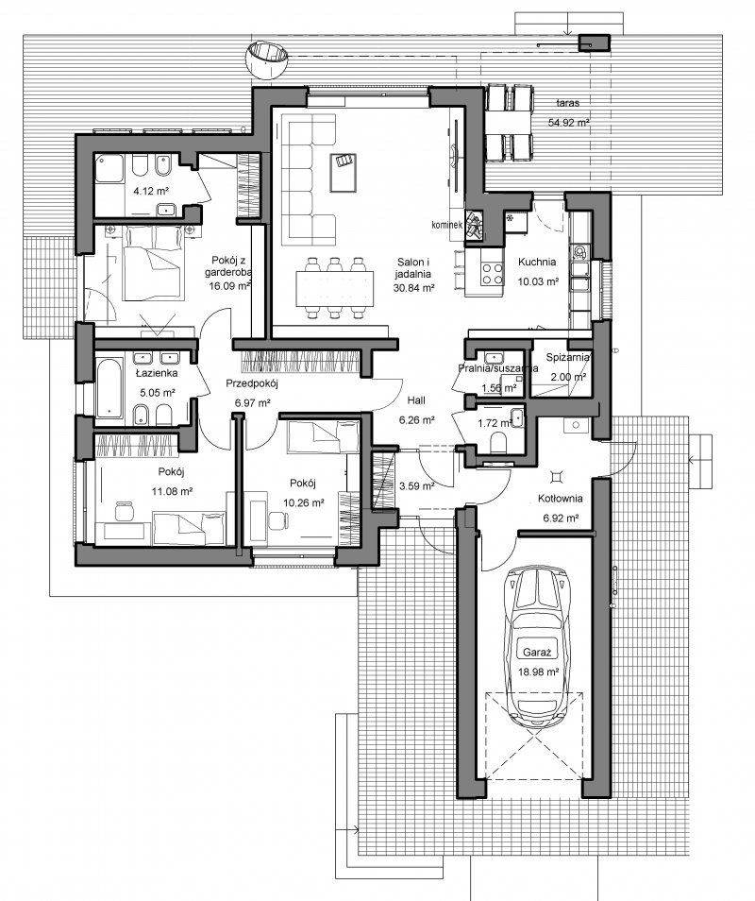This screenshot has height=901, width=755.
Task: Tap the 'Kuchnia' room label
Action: pyautogui.click(x=537, y=262)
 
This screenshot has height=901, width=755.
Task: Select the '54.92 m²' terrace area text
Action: pyautogui.click(x=567, y=123)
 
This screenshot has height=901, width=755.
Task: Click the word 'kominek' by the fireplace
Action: pyautogui.click(x=447, y=225)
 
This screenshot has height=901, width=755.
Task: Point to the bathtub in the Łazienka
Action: pyautogui.click(x=109, y=388)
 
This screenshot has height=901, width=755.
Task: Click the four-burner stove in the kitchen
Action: pyautogui.click(x=491, y=274)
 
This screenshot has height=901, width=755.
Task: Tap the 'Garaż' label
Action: pyautogui.click(x=537, y=653)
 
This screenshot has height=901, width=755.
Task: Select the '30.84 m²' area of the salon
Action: pyautogui.click(x=413, y=288)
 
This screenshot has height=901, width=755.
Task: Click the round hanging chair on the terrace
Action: pyautogui.click(x=267, y=59)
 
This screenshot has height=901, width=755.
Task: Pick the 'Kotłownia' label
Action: pyautogui.click(x=561, y=498)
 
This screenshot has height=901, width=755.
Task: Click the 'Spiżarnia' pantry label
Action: pyautogui.click(x=567, y=357)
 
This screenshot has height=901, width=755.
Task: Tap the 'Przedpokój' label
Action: pyautogui.click(x=251, y=383)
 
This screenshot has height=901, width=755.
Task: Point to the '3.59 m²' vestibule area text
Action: pyautogui.click(x=416, y=486)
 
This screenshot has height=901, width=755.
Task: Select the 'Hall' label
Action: pyautogui.click(x=416, y=399)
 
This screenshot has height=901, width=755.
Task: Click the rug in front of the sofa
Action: pyautogui.click(x=343, y=173)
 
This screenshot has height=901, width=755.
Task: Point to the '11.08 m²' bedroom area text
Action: pyautogui.click(x=171, y=491)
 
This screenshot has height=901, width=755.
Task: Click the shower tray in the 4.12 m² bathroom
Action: pyautogui.click(x=109, y=168)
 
